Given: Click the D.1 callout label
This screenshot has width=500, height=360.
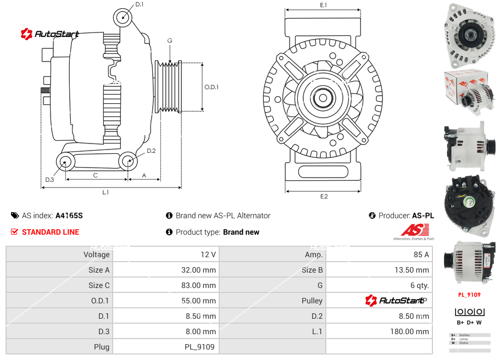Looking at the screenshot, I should [139, 4].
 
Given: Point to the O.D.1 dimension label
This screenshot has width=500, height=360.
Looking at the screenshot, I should [212, 87].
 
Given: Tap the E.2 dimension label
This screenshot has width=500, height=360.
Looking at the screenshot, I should [324, 196].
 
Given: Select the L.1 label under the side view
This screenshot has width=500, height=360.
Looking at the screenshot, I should [105, 192].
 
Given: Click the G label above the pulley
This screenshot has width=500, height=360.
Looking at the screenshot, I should [170, 41].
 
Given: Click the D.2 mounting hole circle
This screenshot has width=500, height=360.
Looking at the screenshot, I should [128, 161].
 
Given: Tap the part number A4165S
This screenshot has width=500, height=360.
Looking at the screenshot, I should [69, 215].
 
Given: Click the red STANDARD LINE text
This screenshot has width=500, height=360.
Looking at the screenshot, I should [51, 232].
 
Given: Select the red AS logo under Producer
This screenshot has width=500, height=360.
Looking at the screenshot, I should [411, 230].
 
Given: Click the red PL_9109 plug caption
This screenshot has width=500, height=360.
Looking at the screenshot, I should [469, 295].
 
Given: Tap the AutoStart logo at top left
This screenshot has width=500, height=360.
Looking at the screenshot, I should [50, 34].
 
